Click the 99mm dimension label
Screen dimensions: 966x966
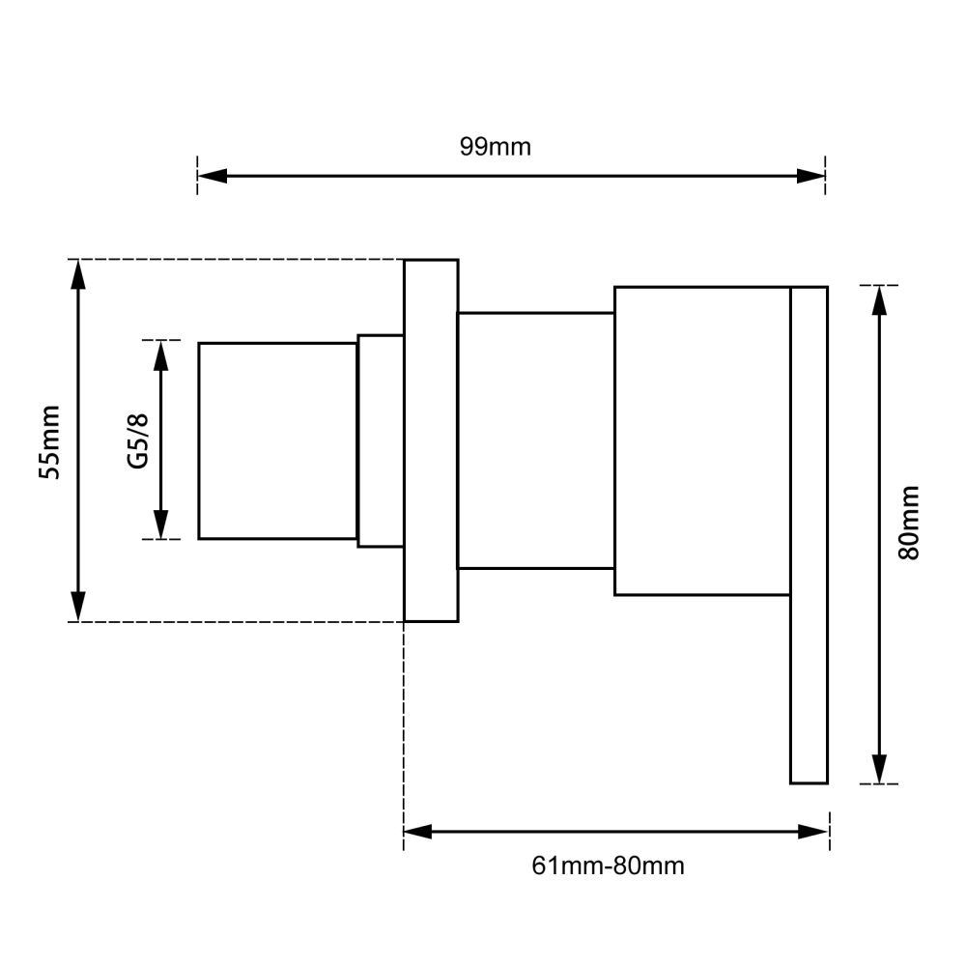click(x=495, y=147)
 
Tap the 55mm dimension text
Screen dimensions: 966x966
click(x=50, y=442)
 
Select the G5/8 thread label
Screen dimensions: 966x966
click(x=138, y=441)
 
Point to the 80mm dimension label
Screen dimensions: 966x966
click(x=909, y=523)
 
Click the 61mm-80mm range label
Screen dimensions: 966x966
click(x=608, y=867)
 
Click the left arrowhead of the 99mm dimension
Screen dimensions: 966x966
click(x=212, y=176)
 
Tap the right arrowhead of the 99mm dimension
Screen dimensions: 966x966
click(x=810, y=176)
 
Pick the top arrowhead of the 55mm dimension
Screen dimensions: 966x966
click(x=78, y=274)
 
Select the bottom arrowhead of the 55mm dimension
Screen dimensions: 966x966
click(x=78, y=607)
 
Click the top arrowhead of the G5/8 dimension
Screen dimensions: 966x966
click(x=160, y=355)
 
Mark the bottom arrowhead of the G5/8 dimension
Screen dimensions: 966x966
click(x=160, y=525)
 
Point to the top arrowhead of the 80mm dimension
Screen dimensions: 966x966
click(x=880, y=300)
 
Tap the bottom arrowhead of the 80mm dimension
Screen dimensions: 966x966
click(x=880, y=769)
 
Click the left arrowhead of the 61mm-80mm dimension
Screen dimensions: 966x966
click(x=418, y=832)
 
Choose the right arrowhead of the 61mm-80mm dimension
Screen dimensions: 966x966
click(x=813, y=832)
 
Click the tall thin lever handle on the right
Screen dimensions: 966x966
click(x=809, y=535)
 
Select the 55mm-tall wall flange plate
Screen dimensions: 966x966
click(x=431, y=440)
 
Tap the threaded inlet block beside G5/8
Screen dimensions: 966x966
click(x=278, y=441)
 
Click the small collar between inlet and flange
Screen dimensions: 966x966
click(x=381, y=441)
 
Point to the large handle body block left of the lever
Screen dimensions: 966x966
click(x=702, y=441)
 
